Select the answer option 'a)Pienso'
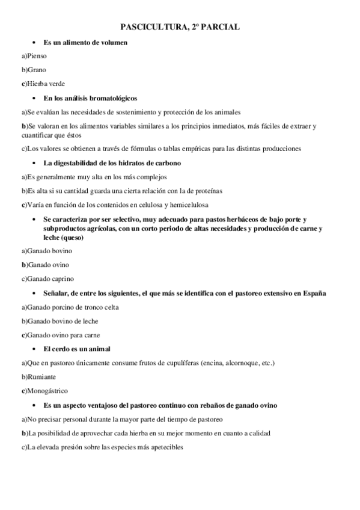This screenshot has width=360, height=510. (x=34, y=56)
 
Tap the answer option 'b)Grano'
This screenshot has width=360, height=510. (x=34, y=70)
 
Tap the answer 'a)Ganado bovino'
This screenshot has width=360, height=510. (x=46, y=251)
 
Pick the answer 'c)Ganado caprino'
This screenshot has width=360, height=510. (x=47, y=278)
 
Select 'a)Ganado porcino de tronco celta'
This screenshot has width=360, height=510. (x=70, y=307)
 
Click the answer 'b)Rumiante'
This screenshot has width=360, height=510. (x=38, y=376)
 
